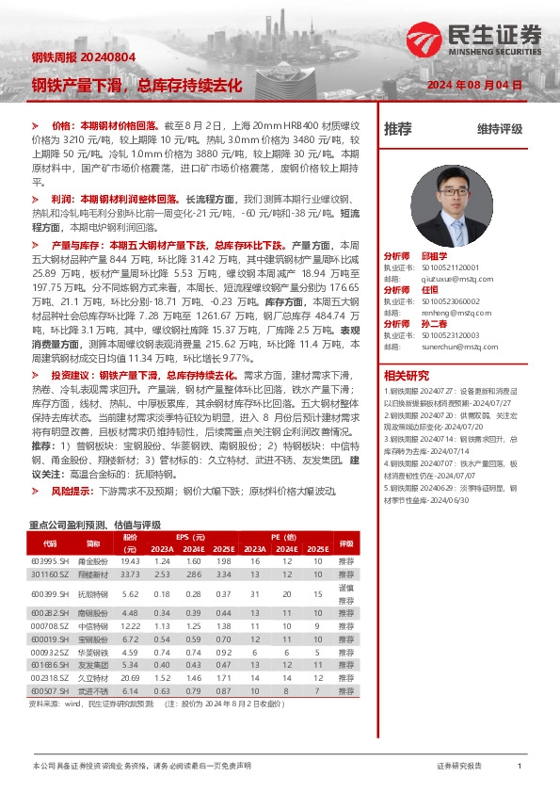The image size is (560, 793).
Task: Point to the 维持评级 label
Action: coord(499,129)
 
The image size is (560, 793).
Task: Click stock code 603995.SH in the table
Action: coord(50,560)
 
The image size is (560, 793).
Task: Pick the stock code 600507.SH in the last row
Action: coord(50,689)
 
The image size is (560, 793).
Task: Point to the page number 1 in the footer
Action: coord(520,768)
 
